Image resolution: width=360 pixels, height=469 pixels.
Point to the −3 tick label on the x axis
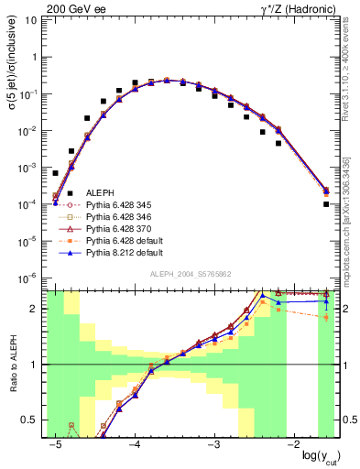(213, 445)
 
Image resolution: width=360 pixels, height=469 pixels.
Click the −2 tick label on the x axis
(293, 445)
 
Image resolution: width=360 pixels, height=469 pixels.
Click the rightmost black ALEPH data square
(326, 204)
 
